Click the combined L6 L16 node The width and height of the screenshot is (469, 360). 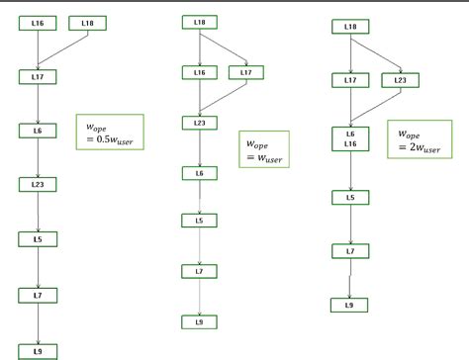[350, 137]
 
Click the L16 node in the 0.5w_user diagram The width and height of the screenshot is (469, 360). [37, 22]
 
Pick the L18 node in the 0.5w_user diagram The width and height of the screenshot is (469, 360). [88, 22]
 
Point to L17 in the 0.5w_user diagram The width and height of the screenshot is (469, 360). [37, 75]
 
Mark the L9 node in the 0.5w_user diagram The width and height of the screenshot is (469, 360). [37, 350]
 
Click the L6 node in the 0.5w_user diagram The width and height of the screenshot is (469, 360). [37, 130]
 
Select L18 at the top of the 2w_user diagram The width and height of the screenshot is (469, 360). [350, 27]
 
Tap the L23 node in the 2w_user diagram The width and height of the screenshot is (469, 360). [399, 79]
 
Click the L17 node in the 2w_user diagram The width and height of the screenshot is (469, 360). [350, 79]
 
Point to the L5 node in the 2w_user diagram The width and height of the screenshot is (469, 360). [350, 198]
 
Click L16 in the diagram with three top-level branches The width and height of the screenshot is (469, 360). [199, 72]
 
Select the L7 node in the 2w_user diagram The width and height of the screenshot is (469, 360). [350, 252]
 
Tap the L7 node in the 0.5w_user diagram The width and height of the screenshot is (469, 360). [37, 295]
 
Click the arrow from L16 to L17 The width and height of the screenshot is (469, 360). [37, 48]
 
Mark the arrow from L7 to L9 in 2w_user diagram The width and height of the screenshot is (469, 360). [350, 280]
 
